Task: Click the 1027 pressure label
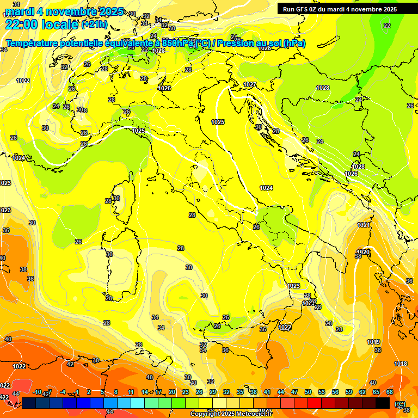[x=250, y=84]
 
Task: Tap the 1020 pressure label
[x=363, y=252]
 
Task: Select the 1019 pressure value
[x=373, y=342]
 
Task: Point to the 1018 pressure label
[x=401, y=364]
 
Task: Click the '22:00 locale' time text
[x=41, y=24]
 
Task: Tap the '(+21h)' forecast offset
[x=94, y=24]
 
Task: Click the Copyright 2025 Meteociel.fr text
[x=231, y=414]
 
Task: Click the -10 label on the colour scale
[x=37, y=392]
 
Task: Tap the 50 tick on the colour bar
[x=308, y=392]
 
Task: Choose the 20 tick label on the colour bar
[x=172, y=392]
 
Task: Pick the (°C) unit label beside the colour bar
[x=401, y=404]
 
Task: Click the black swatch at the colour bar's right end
[x=383, y=403]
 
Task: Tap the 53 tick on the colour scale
[x=322, y=392]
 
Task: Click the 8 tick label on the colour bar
[x=116, y=392]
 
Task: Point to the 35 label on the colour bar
[x=240, y=392]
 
